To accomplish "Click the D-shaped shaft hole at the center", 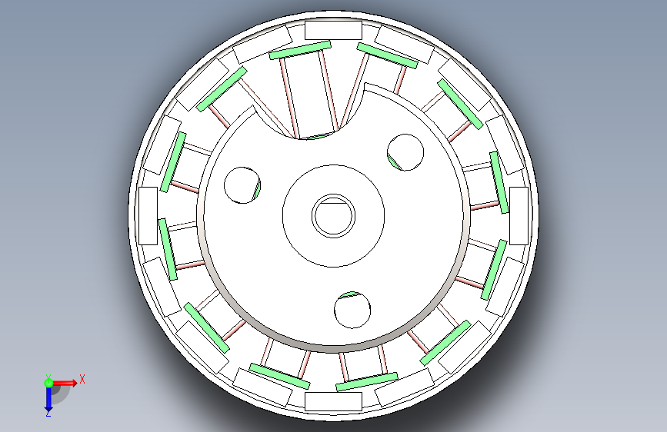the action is (x=334, y=216).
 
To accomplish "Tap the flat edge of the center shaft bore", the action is (x=334, y=204).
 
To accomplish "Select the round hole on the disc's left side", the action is (x=242, y=185).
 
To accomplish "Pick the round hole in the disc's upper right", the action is (x=405, y=152).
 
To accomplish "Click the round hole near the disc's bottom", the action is (x=352, y=310).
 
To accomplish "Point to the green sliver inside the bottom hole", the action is (x=351, y=294).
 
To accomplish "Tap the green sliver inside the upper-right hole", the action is (x=394, y=162).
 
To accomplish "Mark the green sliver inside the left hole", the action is (x=256, y=190).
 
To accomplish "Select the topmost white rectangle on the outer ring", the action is (x=334, y=30).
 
